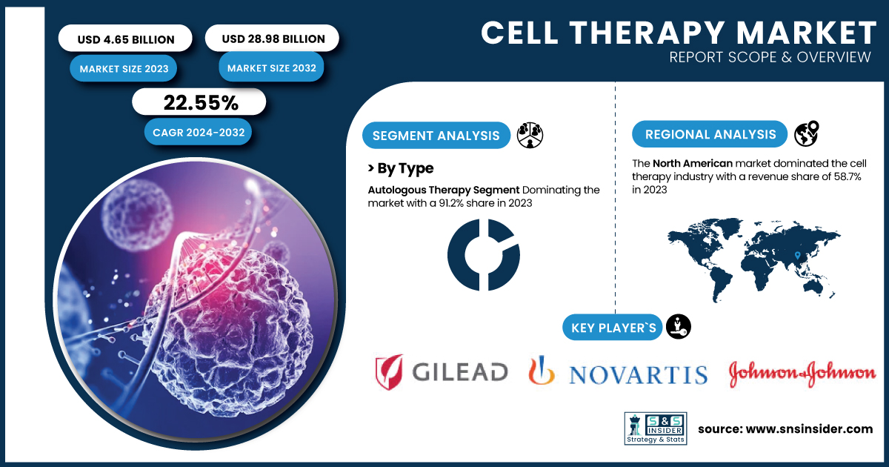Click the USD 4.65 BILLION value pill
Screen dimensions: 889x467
(125, 39)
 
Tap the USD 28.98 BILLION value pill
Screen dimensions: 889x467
(273, 38)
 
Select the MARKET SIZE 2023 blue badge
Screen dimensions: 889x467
(124, 69)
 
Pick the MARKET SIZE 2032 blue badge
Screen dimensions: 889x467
(271, 68)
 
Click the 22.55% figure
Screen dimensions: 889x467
(201, 103)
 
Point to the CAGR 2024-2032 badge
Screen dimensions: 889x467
(198, 132)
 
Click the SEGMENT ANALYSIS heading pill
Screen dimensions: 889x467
(436, 136)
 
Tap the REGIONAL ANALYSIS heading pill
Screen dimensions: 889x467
(710, 134)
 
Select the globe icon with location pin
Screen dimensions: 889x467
(807, 133)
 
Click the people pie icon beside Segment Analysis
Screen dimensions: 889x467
(530, 135)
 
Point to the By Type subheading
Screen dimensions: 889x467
(401, 168)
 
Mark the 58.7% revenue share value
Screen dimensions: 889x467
(848, 176)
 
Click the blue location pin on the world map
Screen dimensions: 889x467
(798, 255)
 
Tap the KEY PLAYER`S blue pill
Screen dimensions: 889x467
(613, 328)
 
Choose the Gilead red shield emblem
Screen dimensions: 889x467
(389, 371)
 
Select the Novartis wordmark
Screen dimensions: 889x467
(638, 374)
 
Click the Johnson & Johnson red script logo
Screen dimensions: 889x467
(802, 374)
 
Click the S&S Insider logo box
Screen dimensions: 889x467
(656, 428)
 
